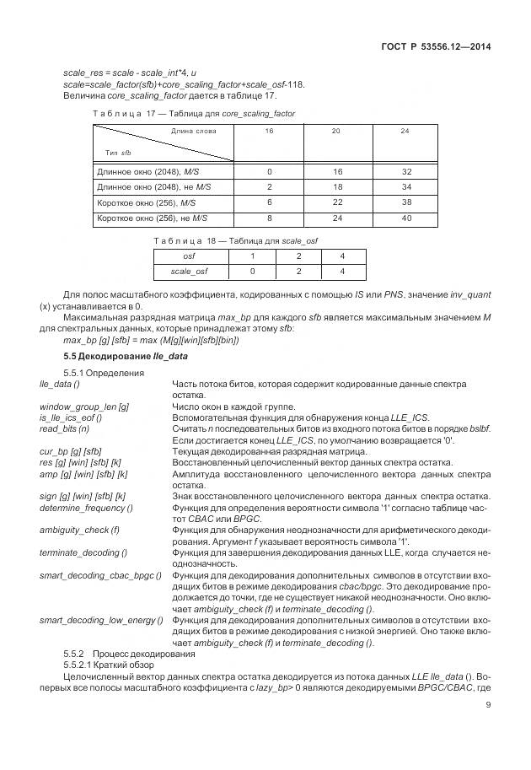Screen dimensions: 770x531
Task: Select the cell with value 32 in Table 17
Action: (405, 171)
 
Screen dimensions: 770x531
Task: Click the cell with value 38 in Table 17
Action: (405, 202)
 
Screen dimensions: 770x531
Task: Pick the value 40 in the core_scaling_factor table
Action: (405, 218)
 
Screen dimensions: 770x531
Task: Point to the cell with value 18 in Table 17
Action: (335, 186)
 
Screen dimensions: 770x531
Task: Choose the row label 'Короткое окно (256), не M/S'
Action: (153, 218)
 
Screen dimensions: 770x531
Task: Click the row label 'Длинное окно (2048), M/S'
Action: (147, 171)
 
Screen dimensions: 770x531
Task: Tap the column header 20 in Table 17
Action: (335, 131)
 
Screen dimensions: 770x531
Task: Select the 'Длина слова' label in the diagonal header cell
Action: (194, 131)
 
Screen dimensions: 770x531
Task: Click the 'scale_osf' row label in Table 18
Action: (189, 272)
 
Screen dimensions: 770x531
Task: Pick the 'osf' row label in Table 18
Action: (189, 256)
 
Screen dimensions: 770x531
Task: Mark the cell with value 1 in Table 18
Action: (252, 256)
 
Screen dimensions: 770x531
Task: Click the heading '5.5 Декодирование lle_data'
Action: (126, 356)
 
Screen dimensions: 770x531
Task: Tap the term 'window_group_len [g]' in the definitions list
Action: (84, 407)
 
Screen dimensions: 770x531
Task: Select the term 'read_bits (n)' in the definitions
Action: (65, 428)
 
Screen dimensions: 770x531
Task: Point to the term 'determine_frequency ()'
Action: (86, 508)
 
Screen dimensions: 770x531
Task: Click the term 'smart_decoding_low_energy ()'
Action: (101, 621)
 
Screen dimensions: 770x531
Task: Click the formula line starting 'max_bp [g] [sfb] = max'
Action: (151, 340)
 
